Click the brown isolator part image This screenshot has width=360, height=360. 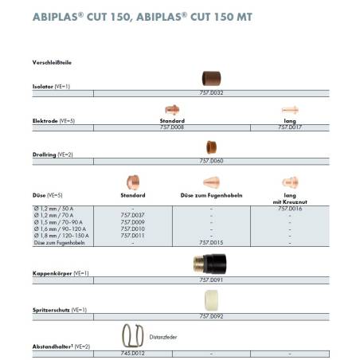[x=210, y=78]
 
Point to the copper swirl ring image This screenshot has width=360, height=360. [x=210, y=146]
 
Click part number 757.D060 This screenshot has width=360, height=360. [x=210, y=161]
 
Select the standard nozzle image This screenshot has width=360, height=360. [x=132, y=182]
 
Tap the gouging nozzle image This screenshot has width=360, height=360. [x=210, y=182]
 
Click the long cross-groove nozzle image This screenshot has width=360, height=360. [x=289, y=182]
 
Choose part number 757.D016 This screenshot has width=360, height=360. [x=289, y=208]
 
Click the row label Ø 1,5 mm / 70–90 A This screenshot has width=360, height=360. [x=56, y=221]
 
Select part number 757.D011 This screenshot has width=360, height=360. [x=132, y=236]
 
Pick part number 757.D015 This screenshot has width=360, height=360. [x=210, y=242]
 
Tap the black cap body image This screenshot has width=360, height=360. [x=210, y=263]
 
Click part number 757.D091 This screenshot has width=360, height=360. [x=210, y=280]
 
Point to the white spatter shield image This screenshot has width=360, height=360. [x=210, y=299]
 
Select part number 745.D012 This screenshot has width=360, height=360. [x=132, y=351]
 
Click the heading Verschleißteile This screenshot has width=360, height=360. [x=52, y=61]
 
